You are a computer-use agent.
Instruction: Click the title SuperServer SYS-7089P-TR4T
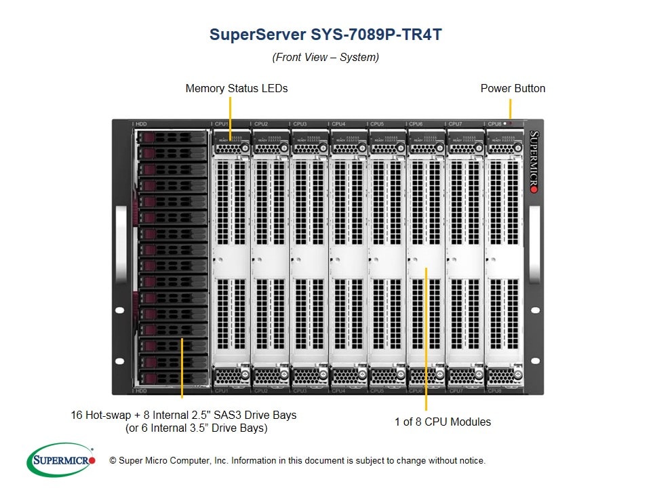coord(325,35)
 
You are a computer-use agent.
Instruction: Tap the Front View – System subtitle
coord(325,58)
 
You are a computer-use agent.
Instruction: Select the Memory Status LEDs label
coord(237,89)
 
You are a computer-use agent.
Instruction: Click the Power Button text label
coord(513,89)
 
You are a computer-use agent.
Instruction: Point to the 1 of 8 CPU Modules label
coord(443,422)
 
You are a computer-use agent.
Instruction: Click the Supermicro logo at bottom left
coord(61,461)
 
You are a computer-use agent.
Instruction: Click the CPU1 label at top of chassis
coord(222,124)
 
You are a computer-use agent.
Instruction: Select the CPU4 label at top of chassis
coord(338,124)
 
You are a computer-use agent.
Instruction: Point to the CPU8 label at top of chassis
coord(494,124)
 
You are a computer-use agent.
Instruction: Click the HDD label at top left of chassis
coord(141,124)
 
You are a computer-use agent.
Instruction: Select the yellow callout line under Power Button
coord(510,108)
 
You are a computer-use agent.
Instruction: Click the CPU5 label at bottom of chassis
coord(377,391)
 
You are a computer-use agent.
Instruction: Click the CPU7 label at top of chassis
coord(455,124)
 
